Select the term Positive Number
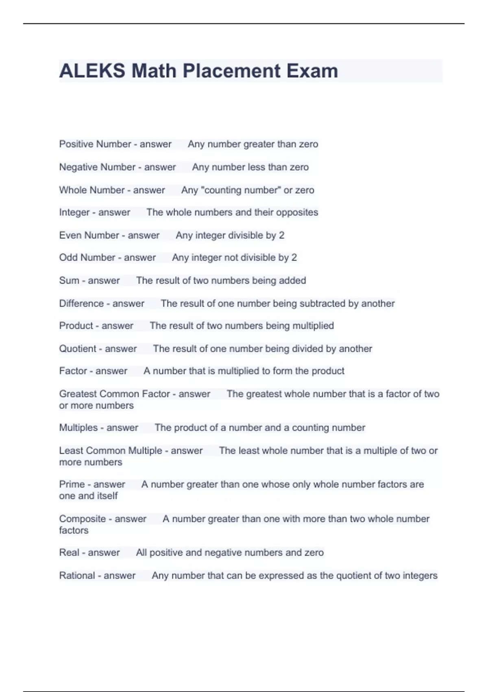pyautogui.click(x=95, y=144)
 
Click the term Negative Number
pyautogui.click(x=97, y=167)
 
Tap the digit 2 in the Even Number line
pyautogui.click(x=281, y=235)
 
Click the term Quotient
pyautogui.click(x=78, y=349)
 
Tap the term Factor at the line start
pyautogui.click(x=73, y=371)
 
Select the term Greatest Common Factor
pyautogui.click(x=114, y=394)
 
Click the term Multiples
pyautogui.click(x=78, y=428)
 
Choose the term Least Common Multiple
pyautogui.click(x=111, y=451)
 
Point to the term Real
pyautogui.click(x=69, y=552)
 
